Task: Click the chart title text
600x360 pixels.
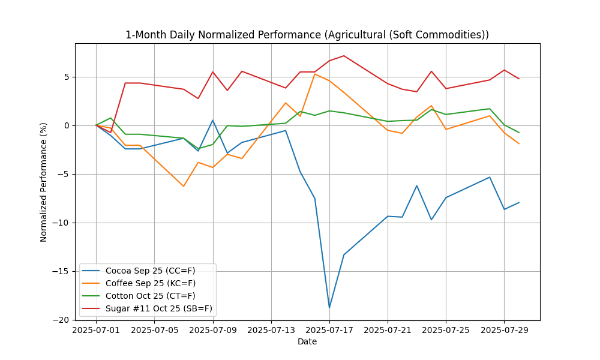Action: pyautogui.click(x=307, y=35)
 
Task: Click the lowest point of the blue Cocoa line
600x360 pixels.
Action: pyautogui.click(x=329, y=308)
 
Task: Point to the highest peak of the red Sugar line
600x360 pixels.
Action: pyautogui.click(x=344, y=56)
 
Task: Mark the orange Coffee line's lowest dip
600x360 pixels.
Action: pyautogui.click(x=184, y=187)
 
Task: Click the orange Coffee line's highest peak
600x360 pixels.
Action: pyautogui.click(x=315, y=74)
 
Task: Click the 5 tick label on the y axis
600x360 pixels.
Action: pyautogui.click(x=67, y=77)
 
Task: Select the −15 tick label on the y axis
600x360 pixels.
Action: pyautogui.click(x=64, y=271)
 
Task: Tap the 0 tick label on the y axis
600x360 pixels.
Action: pyautogui.click(x=67, y=125)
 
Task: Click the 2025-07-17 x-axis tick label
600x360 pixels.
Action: pyautogui.click(x=329, y=331)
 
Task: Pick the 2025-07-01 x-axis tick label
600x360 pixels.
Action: pyautogui.click(x=96, y=331)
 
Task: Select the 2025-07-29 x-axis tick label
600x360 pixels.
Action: pyautogui.click(x=504, y=331)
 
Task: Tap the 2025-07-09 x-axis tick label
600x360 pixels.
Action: pyautogui.click(x=212, y=331)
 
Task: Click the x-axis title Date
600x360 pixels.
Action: pyautogui.click(x=307, y=342)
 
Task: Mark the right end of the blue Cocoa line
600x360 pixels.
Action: pyautogui.click(x=519, y=202)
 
